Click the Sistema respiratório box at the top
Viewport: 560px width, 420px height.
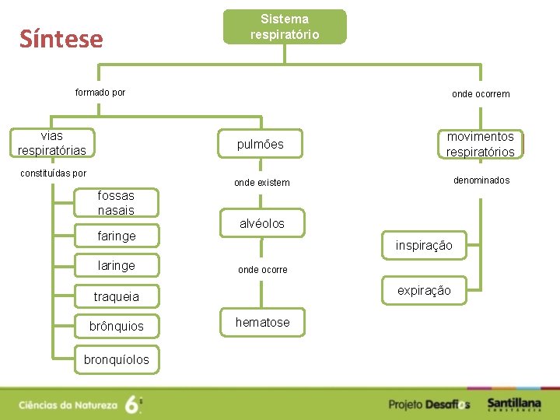tap(285, 27)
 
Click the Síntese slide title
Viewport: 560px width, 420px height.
tap(61, 39)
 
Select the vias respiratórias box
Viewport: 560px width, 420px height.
tap(52, 143)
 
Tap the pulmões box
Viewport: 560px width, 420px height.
tap(261, 144)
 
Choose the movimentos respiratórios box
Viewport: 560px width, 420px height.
tap(480, 144)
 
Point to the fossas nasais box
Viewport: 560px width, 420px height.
tap(116, 203)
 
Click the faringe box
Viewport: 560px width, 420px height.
tap(116, 236)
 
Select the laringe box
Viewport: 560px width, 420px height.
tap(116, 265)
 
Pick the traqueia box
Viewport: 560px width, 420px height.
tap(116, 296)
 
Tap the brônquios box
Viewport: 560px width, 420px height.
tap(116, 327)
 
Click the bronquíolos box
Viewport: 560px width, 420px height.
tap(116, 359)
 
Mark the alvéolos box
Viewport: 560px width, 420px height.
tap(261, 224)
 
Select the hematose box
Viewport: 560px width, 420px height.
tap(262, 322)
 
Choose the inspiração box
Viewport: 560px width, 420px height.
tap(424, 246)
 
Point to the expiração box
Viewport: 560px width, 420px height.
tap(424, 291)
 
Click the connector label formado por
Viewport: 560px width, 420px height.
tap(100, 93)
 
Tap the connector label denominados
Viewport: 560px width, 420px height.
tap(481, 180)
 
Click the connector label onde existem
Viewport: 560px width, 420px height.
tap(261, 183)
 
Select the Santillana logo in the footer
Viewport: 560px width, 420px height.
tap(514, 404)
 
